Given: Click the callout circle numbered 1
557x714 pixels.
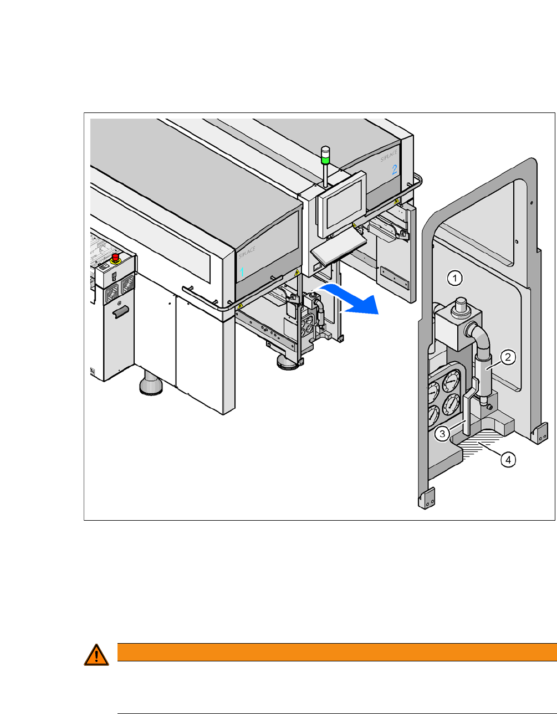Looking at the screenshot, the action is click(454, 278).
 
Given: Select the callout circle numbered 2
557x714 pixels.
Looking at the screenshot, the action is click(508, 357).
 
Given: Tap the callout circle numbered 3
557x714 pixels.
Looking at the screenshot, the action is click(442, 433).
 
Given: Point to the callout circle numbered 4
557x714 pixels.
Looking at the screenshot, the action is click(508, 459).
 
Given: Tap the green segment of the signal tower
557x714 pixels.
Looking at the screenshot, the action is click(325, 160).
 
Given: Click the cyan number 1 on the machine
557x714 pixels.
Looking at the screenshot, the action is click(242, 273).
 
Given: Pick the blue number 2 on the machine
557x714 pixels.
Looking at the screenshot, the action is click(395, 169).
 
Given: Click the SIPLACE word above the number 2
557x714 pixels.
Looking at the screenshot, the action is click(389, 155).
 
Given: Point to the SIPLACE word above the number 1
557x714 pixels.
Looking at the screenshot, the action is click(247, 252).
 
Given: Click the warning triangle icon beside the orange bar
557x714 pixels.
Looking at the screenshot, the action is click(96, 655).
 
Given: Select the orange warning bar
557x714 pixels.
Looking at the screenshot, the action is click(336, 652).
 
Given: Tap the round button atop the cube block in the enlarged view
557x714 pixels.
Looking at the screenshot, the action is click(459, 305).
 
